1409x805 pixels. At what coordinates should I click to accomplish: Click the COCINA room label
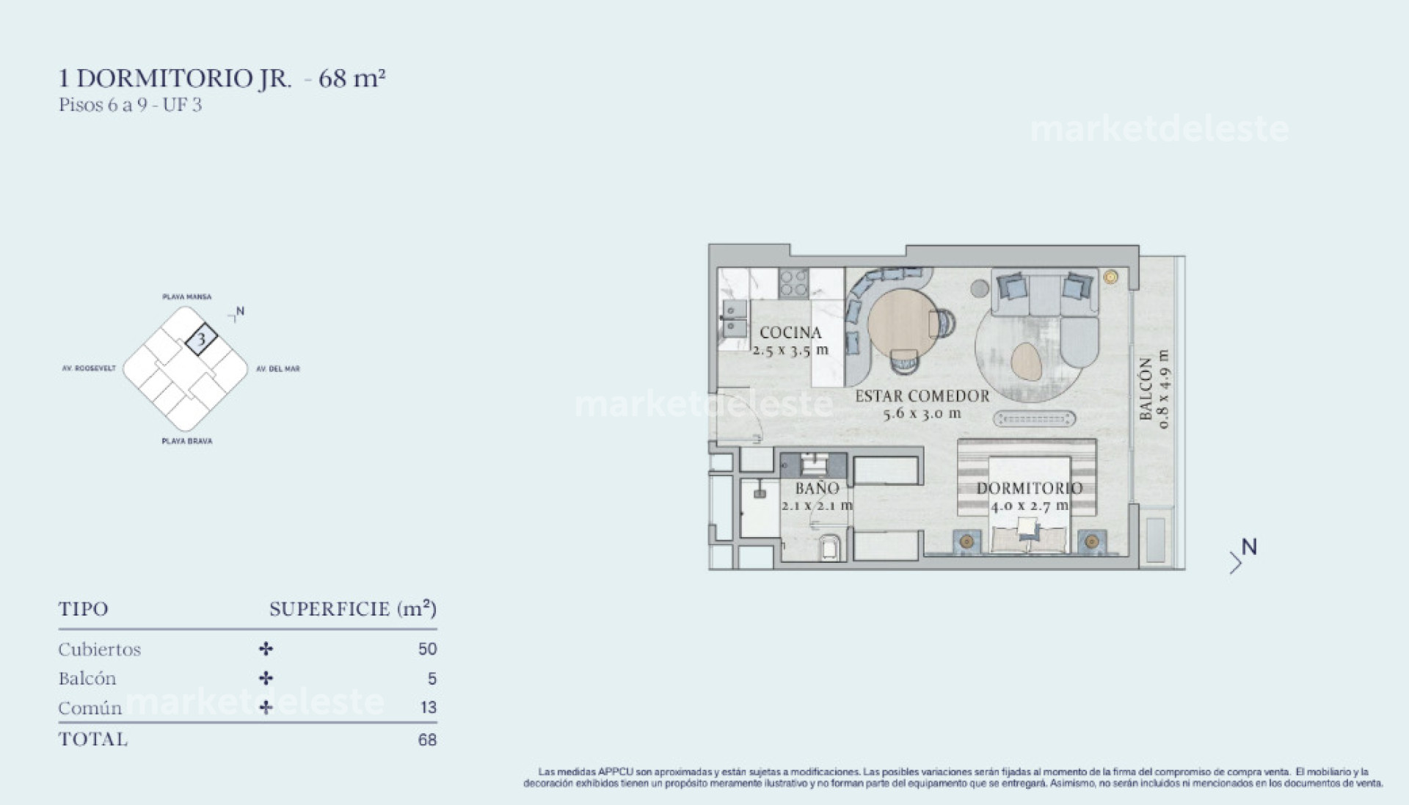point(790,332)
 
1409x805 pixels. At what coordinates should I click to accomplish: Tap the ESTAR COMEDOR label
point(922,396)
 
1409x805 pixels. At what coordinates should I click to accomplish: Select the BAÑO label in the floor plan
point(817,488)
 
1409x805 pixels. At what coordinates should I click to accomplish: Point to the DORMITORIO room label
point(1029,488)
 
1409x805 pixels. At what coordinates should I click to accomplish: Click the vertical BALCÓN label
point(1146,389)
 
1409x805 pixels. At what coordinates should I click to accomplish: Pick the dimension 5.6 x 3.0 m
point(922,413)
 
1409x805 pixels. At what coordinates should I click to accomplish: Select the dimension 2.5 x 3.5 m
point(790,350)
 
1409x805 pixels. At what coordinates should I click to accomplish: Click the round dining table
point(901,322)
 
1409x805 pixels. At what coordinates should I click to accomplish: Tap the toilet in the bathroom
point(831,547)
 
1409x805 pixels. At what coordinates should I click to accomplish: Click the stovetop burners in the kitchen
point(793,283)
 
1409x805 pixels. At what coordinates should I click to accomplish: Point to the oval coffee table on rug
point(1026,361)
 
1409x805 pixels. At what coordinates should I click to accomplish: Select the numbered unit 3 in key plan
point(201,340)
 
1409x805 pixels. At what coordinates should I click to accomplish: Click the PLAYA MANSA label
point(186,297)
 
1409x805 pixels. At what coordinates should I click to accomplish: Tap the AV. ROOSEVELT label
point(89,368)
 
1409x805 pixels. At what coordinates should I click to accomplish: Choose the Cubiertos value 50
point(427,649)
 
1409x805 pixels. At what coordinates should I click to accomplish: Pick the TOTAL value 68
point(427,740)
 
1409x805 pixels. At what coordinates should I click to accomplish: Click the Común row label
point(90,708)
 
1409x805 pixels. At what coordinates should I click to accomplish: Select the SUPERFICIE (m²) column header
point(352,609)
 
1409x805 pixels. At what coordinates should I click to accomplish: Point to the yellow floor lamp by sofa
point(1110,277)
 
